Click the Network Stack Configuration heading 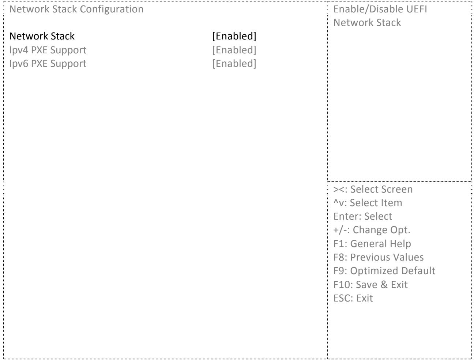coord(76,9)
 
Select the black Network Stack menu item coord(42,36)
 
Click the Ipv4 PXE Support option coord(48,50)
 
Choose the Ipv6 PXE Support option coord(48,64)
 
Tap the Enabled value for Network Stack coord(234,36)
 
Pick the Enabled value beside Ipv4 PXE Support coord(234,50)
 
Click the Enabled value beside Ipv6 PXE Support coord(234,64)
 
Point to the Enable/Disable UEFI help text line coord(380,9)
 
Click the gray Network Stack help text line coord(367,23)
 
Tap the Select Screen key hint coord(373,189)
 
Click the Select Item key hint coord(368,203)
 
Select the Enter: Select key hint coord(362,216)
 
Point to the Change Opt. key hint coord(372,230)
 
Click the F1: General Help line coord(372,244)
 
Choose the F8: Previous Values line coord(378,257)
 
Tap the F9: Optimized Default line coord(384,271)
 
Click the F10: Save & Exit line coord(370,284)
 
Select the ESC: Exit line coord(353,298)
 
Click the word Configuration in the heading coord(112,10)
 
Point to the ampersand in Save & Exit coord(384,284)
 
